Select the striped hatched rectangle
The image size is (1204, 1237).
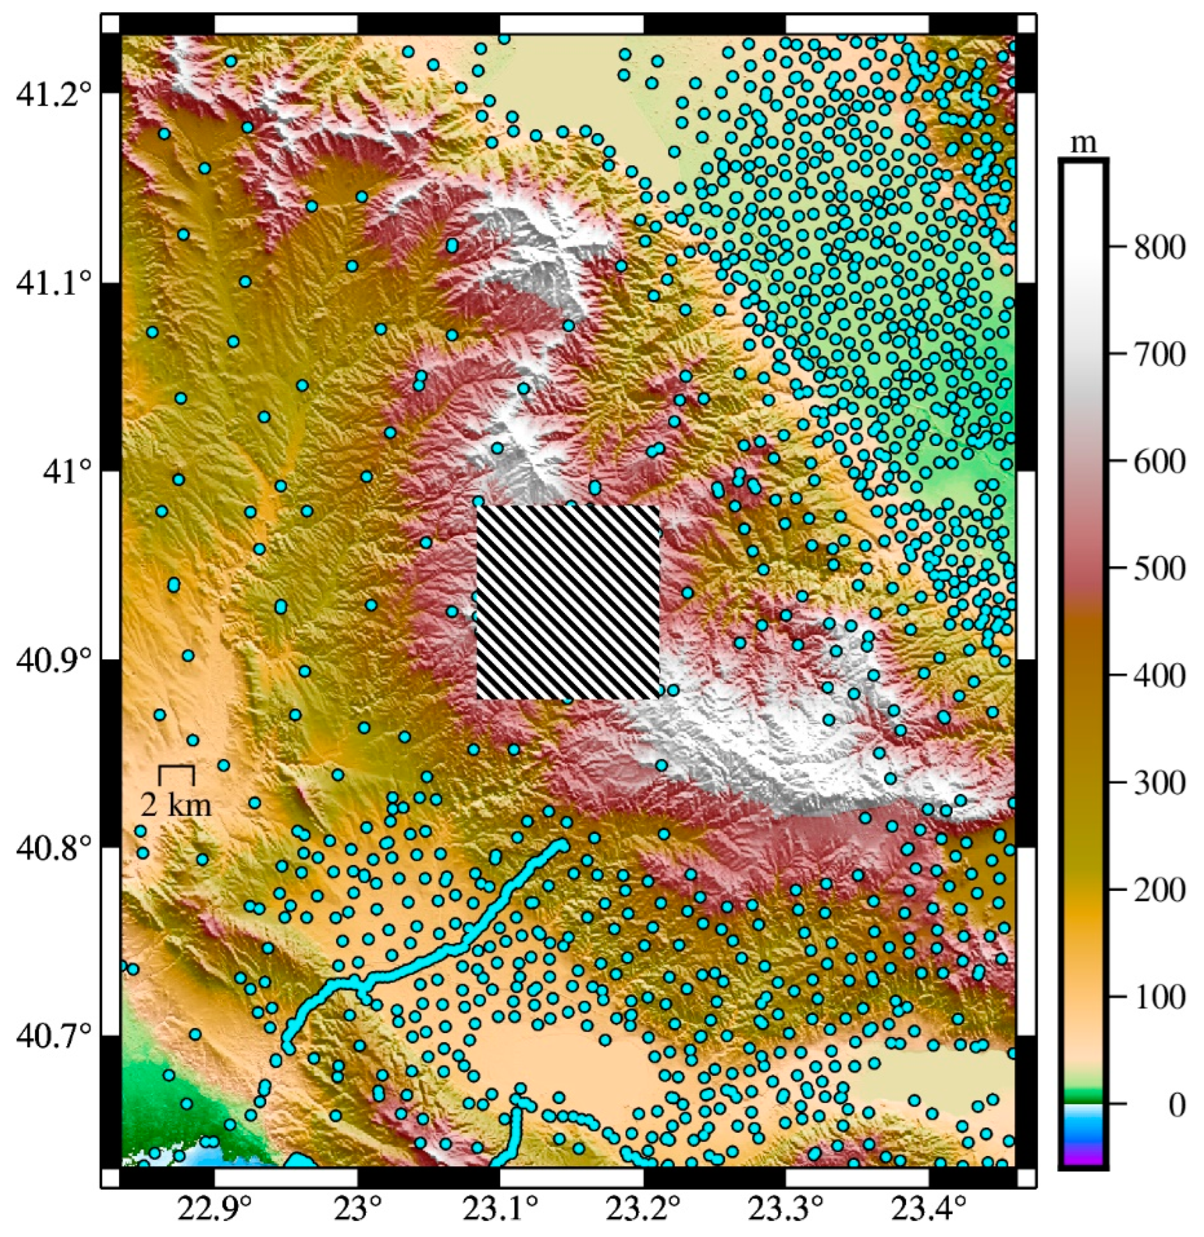click(x=567, y=602)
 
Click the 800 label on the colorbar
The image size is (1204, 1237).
click(x=1159, y=248)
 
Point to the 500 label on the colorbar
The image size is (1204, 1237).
click(x=1159, y=569)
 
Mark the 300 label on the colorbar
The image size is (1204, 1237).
click(x=1159, y=784)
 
